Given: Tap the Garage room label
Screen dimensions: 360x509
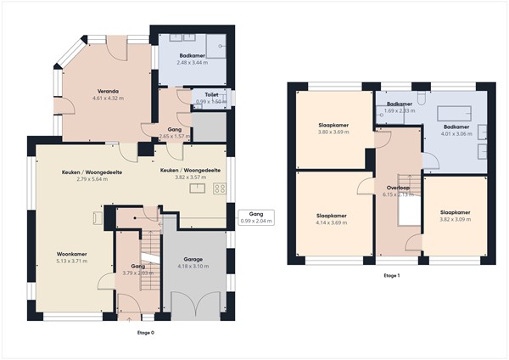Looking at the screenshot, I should [193, 259].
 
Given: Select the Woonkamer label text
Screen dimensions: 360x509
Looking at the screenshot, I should [74, 253].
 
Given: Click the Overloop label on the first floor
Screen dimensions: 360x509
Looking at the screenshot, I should [398, 187].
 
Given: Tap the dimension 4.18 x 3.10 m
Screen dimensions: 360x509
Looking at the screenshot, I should [193, 267].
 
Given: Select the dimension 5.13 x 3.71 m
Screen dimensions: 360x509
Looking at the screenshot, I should [74, 261].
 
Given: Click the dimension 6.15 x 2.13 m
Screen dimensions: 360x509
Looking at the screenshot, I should [398, 194].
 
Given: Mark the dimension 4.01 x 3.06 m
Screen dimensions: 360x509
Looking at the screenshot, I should [456, 134].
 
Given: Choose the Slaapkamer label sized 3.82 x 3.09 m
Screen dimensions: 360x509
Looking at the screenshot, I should [456, 213].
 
